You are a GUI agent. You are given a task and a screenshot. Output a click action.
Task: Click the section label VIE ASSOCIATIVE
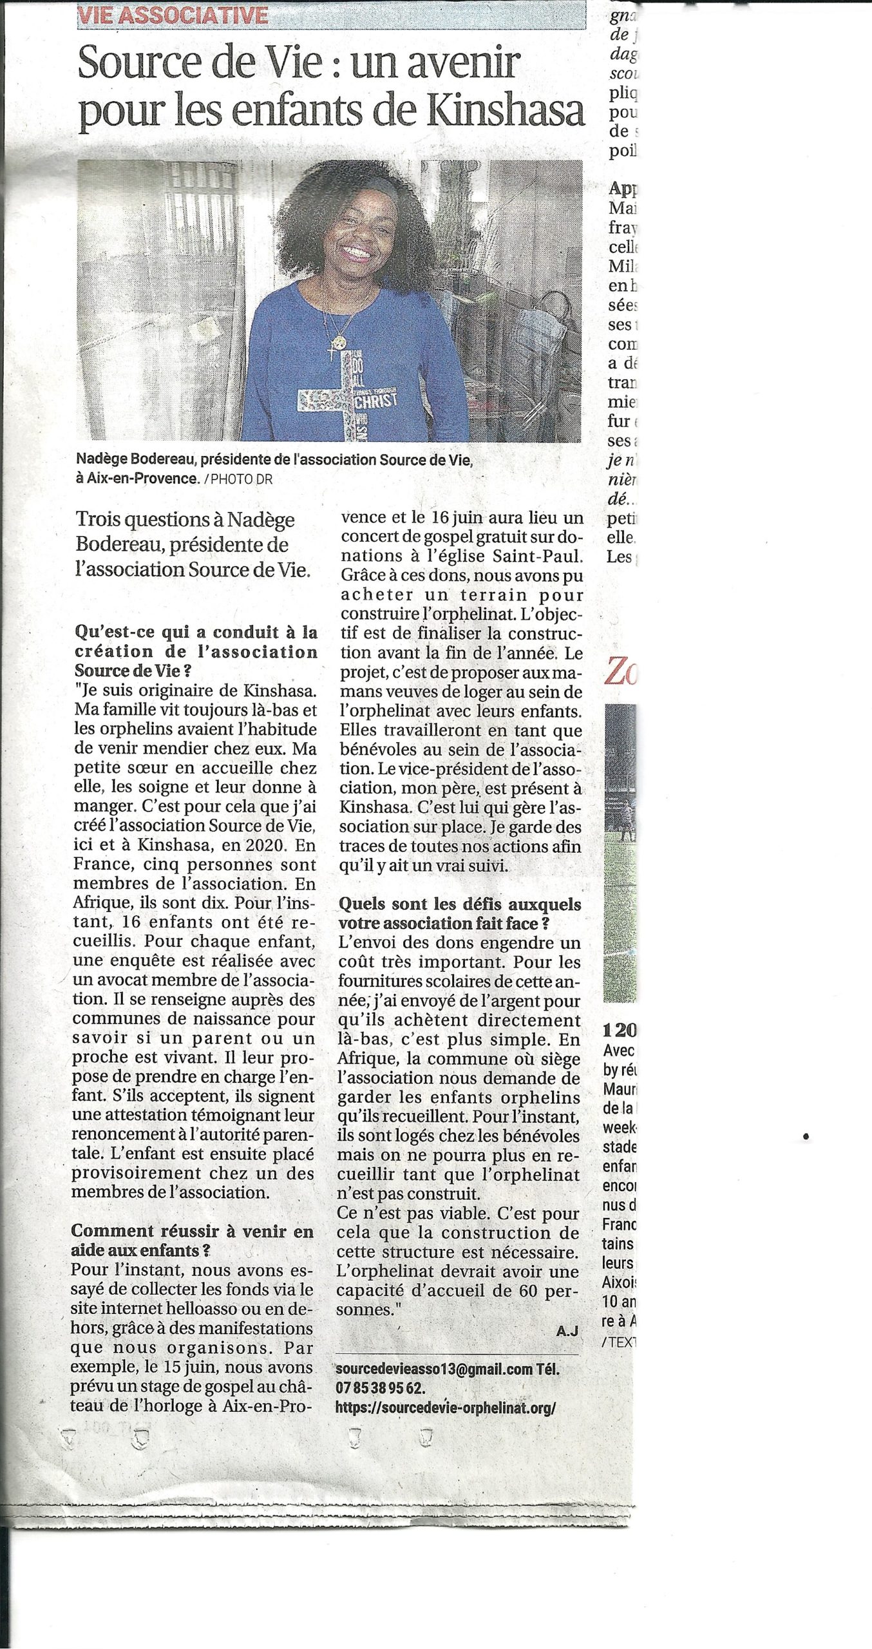click(173, 14)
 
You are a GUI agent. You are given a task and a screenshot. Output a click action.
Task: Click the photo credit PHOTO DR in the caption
click(237, 479)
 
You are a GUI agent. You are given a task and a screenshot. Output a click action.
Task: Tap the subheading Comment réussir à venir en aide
click(192, 1240)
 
